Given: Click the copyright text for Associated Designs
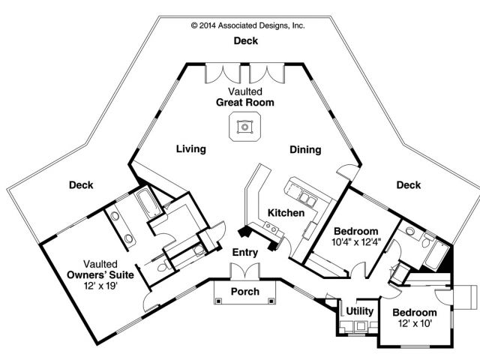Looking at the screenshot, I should pos(247,25).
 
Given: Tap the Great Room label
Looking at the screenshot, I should pos(245,102).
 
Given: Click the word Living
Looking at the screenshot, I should pos(190,148).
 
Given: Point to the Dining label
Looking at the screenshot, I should pos(305,149).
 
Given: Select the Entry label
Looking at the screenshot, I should pos(245,252).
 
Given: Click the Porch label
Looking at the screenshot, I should pos(245,291).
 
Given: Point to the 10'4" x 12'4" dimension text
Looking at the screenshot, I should pos(357,241).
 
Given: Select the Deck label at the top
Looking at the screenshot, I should pos(245,40).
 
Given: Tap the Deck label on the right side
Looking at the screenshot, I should pos(408,184).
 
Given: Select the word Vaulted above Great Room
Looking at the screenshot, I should pos(245,91).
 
